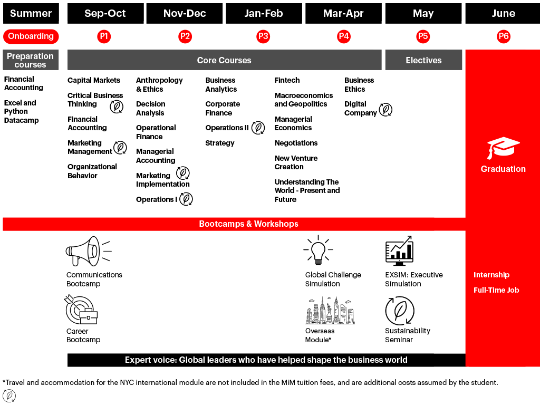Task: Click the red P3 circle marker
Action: [263, 36]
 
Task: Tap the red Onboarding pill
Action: [31, 36]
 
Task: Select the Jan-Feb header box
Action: [264, 14]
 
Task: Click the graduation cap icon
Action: [503, 148]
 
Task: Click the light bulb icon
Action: [319, 250]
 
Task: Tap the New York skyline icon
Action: [331, 311]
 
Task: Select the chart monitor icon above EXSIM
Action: [399, 251]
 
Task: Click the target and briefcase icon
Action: [81, 310]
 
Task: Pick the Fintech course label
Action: [287, 80]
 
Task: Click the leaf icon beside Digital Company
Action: [386, 110]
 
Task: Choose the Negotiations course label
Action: [296, 143]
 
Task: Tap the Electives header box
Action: [423, 60]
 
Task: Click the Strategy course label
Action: [220, 143]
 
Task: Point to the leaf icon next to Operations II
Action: [258, 128]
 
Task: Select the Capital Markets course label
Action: [94, 80]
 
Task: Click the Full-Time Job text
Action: [496, 290]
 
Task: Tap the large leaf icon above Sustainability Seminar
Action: [399, 311]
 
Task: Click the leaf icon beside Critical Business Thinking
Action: [116, 107]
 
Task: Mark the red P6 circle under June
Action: [504, 36]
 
